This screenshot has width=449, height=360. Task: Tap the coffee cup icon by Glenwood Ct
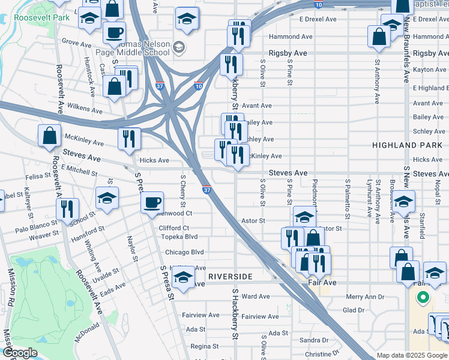[x=152, y=202]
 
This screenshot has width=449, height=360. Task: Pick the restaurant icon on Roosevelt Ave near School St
[x=67, y=209]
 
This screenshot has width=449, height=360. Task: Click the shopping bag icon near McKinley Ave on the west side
[x=49, y=135]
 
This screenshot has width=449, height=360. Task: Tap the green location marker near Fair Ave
[x=423, y=297]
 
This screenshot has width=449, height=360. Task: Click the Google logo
[x=19, y=353]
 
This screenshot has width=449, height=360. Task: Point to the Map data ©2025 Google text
[x=412, y=355]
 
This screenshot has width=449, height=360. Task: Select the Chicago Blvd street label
[x=184, y=252]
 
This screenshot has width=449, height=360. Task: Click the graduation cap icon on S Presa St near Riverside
[x=182, y=277]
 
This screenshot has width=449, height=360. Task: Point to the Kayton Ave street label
[x=430, y=70]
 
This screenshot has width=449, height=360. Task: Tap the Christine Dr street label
[x=322, y=354]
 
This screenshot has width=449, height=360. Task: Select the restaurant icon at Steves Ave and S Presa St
[x=129, y=139]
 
